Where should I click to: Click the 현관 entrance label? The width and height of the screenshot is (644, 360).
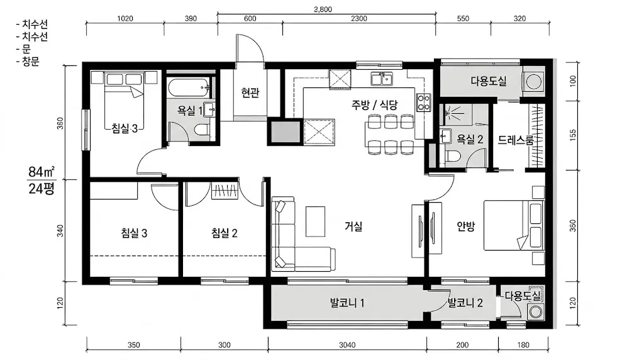(x=250, y=93)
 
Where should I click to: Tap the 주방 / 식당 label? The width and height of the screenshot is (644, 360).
(x=374, y=105)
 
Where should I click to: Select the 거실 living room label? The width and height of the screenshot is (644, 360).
(x=353, y=225)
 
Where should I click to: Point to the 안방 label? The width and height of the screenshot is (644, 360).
(x=466, y=225)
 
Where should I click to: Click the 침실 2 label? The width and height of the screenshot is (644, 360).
(x=225, y=233)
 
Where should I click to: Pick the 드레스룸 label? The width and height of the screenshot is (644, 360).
(x=516, y=140)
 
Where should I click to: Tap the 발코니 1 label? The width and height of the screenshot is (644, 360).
(x=347, y=303)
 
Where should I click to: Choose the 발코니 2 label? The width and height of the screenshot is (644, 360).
(x=465, y=303)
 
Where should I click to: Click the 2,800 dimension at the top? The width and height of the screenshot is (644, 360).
(x=323, y=9)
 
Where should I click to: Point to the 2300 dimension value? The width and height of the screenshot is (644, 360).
(x=359, y=18)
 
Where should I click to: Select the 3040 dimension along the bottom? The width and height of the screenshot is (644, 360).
(x=347, y=345)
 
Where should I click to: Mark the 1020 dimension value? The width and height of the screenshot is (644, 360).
(x=125, y=18)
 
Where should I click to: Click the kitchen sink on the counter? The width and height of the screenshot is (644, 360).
(x=382, y=79)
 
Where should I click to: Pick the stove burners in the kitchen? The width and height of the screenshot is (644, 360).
(x=423, y=103)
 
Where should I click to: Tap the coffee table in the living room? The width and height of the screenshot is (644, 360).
(x=316, y=222)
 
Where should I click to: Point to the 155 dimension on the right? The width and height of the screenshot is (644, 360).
(x=574, y=135)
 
